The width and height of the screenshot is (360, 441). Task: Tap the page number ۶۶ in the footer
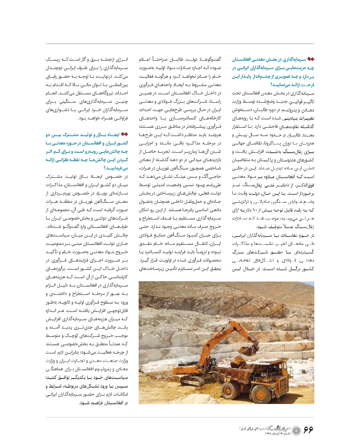(308, 430)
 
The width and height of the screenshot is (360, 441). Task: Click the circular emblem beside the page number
(297, 430)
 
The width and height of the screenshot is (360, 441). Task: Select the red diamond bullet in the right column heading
(311, 59)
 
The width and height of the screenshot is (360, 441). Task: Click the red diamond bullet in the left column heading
(124, 134)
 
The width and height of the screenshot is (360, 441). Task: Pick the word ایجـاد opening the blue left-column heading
(113, 134)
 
